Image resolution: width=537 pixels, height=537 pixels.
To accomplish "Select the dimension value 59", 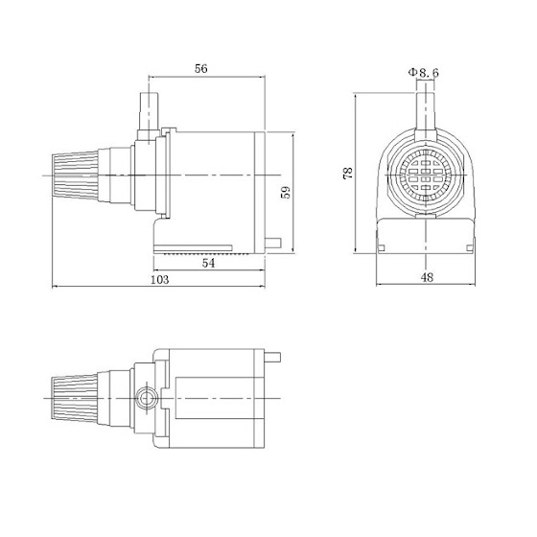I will (x=284, y=192).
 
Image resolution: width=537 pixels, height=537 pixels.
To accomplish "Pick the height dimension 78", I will (x=347, y=173).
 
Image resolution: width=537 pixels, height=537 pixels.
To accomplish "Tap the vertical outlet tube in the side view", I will (x=149, y=113).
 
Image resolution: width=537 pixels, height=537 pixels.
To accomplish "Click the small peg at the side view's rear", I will (x=275, y=243).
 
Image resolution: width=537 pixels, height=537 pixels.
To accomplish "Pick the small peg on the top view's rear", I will (x=275, y=358).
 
